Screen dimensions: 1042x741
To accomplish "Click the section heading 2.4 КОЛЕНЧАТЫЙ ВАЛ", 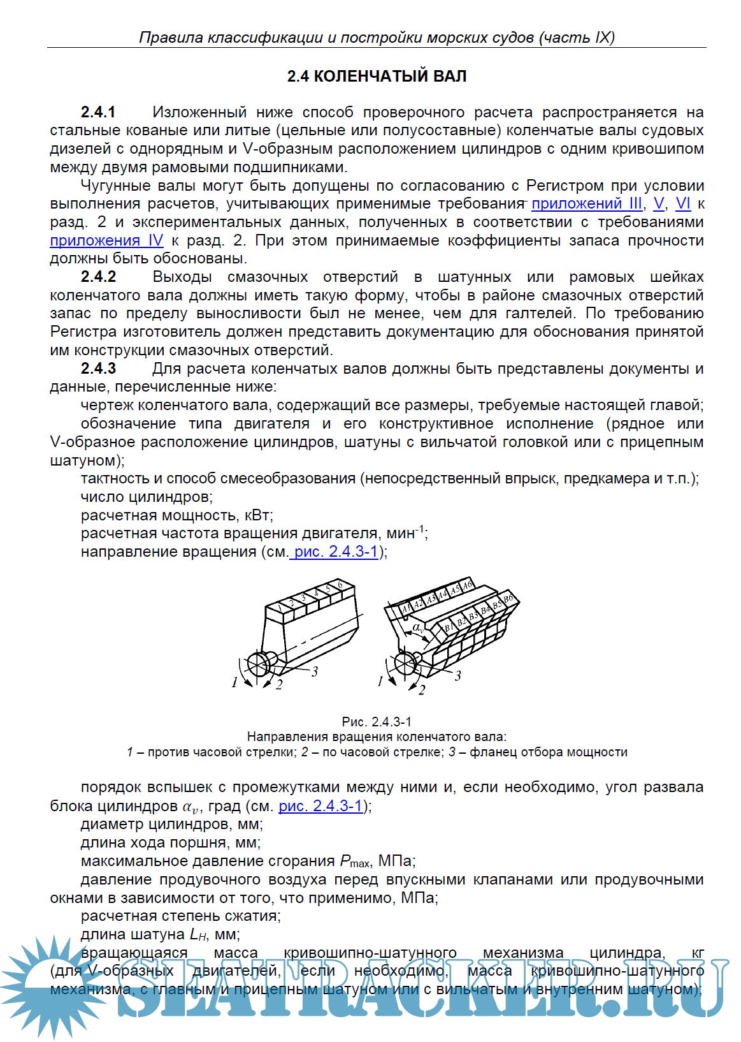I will click(x=377, y=77).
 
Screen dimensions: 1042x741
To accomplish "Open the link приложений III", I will click(x=586, y=204).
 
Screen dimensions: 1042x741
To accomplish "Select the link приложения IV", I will click(x=106, y=240).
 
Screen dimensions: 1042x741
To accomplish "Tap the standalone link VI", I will click(x=683, y=204).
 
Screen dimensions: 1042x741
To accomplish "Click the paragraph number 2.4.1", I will click(x=98, y=112).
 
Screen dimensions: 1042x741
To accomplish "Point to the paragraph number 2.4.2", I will click(x=98, y=277).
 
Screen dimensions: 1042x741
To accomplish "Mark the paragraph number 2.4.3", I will click(x=98, y=369).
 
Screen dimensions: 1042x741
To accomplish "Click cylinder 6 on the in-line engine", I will click(x=342, y=585).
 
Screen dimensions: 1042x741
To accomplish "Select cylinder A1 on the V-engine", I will click(x=406, y=610).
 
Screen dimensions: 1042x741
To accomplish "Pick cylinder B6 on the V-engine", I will click(x=507, y=599).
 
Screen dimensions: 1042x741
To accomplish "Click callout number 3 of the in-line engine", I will click(x=314, y=671).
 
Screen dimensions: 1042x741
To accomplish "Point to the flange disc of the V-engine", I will click(x=405, y=663).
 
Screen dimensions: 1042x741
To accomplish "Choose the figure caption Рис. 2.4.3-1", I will click(x=377, y=722).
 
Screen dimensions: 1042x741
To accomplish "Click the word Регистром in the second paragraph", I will click(x=565, y=186).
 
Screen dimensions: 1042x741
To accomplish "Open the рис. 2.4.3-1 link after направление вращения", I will click(x=336, y=552).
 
